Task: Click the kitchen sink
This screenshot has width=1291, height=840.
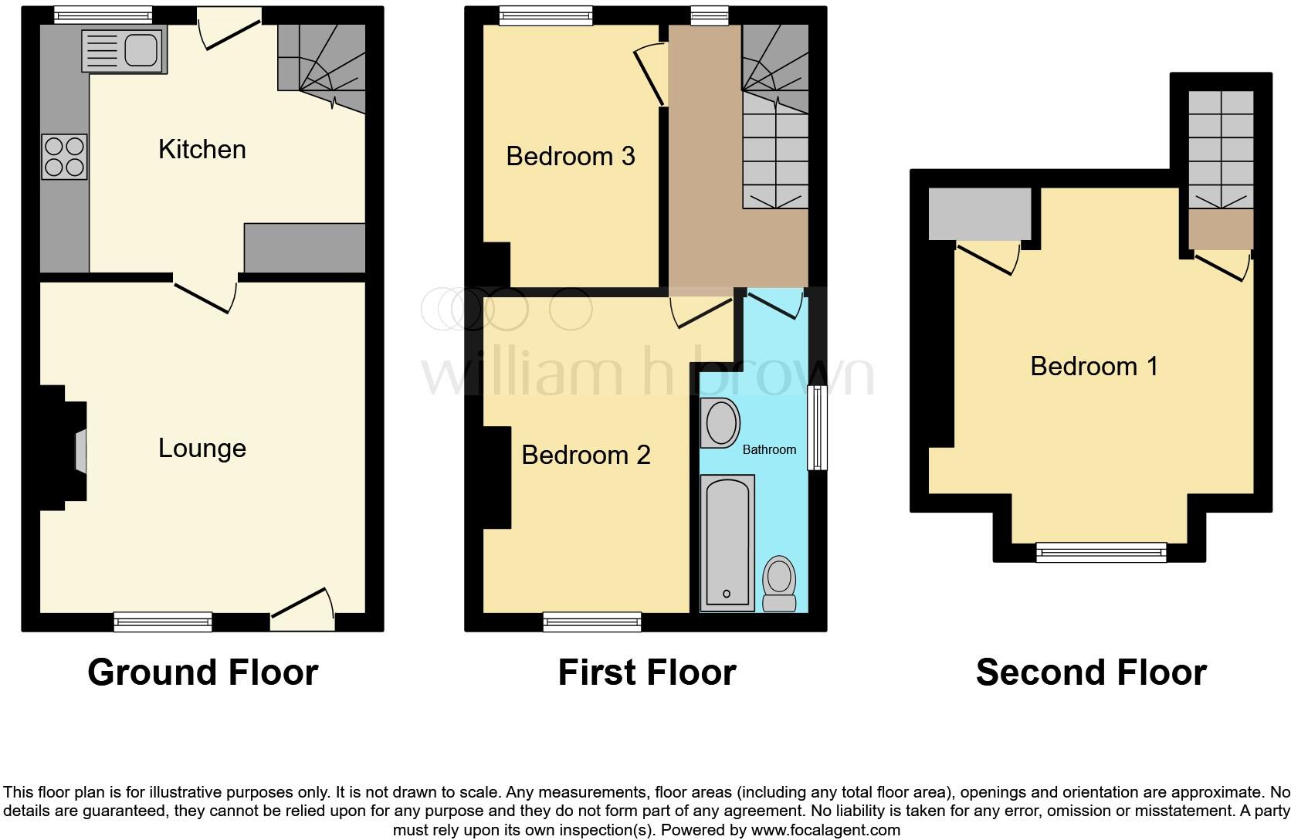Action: [122, 51]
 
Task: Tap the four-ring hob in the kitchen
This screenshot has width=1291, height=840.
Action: [64, 157]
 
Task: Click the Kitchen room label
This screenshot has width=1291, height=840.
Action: [202, 149]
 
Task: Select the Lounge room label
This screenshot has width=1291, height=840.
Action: [202, 448]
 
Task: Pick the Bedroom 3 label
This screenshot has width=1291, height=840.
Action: [571, 156]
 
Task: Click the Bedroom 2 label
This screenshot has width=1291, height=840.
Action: [586, 455]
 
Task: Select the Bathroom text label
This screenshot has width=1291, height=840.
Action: [769, 449]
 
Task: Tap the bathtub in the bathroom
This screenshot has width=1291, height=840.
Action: [727, 543]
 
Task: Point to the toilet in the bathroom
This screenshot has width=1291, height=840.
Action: [779, 584]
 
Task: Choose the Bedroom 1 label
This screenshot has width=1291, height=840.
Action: [1094, 365]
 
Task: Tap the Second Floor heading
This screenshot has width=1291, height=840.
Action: [1091, 672]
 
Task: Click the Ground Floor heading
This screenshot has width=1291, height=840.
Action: [203, 672]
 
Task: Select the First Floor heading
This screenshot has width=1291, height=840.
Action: [647, 672]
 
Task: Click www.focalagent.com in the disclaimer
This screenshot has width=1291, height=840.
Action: [825, 831]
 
